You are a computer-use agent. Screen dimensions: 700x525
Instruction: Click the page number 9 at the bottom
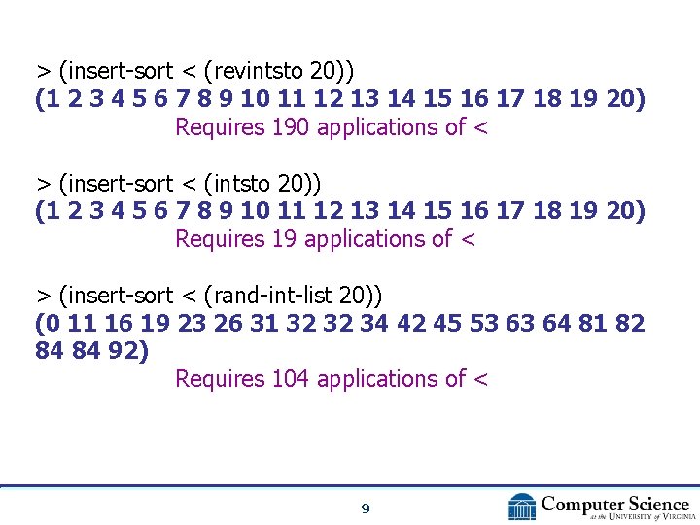365,507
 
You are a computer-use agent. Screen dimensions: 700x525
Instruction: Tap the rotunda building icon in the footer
522,507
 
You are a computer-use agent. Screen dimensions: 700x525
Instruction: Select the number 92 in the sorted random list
123,350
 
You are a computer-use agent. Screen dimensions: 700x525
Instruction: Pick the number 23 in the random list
192,323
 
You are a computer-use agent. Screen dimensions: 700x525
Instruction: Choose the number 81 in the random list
590,323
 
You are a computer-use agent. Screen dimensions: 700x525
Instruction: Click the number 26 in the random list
227,323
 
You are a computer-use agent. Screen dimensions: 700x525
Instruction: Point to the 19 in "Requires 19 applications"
285,239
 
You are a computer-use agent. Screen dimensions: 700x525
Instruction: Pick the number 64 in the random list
555,323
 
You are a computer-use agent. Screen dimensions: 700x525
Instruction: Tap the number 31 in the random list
263,323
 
